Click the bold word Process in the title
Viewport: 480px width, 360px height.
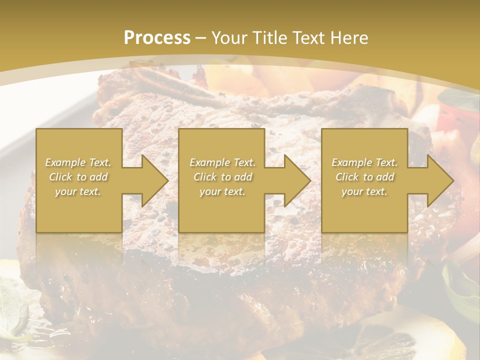pyautogui.click(x=157, y=37)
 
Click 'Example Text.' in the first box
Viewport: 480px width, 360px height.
pyautogui.click(x=78, y=162)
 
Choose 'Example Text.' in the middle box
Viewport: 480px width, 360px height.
pyautogui.click(x=222, y=162)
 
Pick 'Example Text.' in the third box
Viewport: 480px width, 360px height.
pyautogui.click(x=364, y=162)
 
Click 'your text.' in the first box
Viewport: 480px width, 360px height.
pyautogui.click(x=78, y=191)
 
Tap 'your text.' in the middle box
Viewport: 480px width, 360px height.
pyautogui.click(x=222, y=191)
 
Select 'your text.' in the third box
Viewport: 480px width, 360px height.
pyautogui.click(x=364, y=191)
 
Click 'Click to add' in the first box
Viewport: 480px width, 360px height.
pyautogui.click(x=78, y=177)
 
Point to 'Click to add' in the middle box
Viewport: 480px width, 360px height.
pyautogui.click(x=222, y=177)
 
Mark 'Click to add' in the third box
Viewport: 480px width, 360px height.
pyautogui.click(x=364, y=177)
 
